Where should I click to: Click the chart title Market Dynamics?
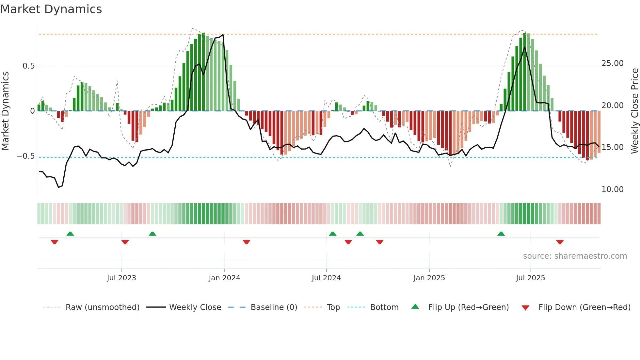tap(51, 9)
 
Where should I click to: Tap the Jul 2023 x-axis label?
tap(121, 278)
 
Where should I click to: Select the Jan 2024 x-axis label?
tap(224, 278)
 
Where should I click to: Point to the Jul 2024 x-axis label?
tap(326, 278)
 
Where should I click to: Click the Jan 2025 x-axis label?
tap(429, 278)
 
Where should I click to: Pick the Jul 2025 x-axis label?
tap(531, 278)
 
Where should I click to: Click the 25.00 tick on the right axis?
tap(612, 63)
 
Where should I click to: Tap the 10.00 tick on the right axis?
tap(612, 189)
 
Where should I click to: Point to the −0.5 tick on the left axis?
tap(26, 156)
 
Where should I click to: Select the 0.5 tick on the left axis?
tap(28, 66)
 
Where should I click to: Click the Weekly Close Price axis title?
tap(634, 111)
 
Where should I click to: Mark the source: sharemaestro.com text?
tap(575, 256)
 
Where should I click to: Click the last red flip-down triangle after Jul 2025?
tap(560, 242)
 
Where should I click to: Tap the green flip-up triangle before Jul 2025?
tap(501, 234)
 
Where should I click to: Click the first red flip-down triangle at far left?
tap(55, 242)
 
